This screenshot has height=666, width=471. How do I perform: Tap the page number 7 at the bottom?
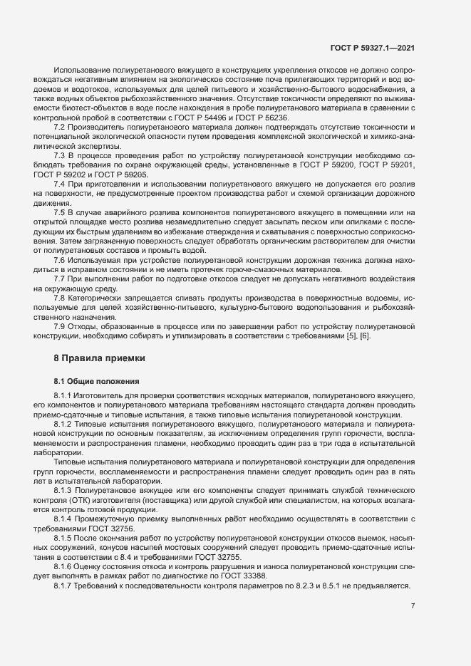tap(413, 606)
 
